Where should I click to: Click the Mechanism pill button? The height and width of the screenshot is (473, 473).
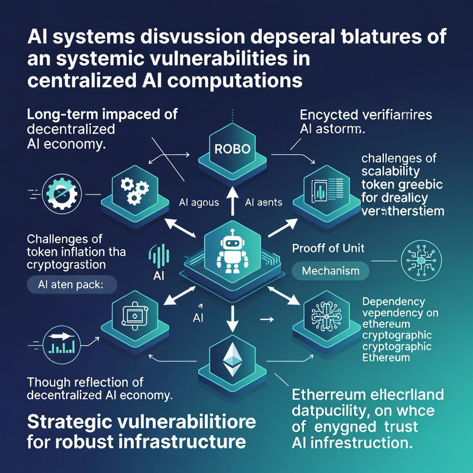point(331,270)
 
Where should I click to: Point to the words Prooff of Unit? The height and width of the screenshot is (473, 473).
point(328,248)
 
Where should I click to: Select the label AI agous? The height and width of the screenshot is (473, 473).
point(199,202)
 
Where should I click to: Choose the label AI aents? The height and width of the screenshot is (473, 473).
point(263,202)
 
